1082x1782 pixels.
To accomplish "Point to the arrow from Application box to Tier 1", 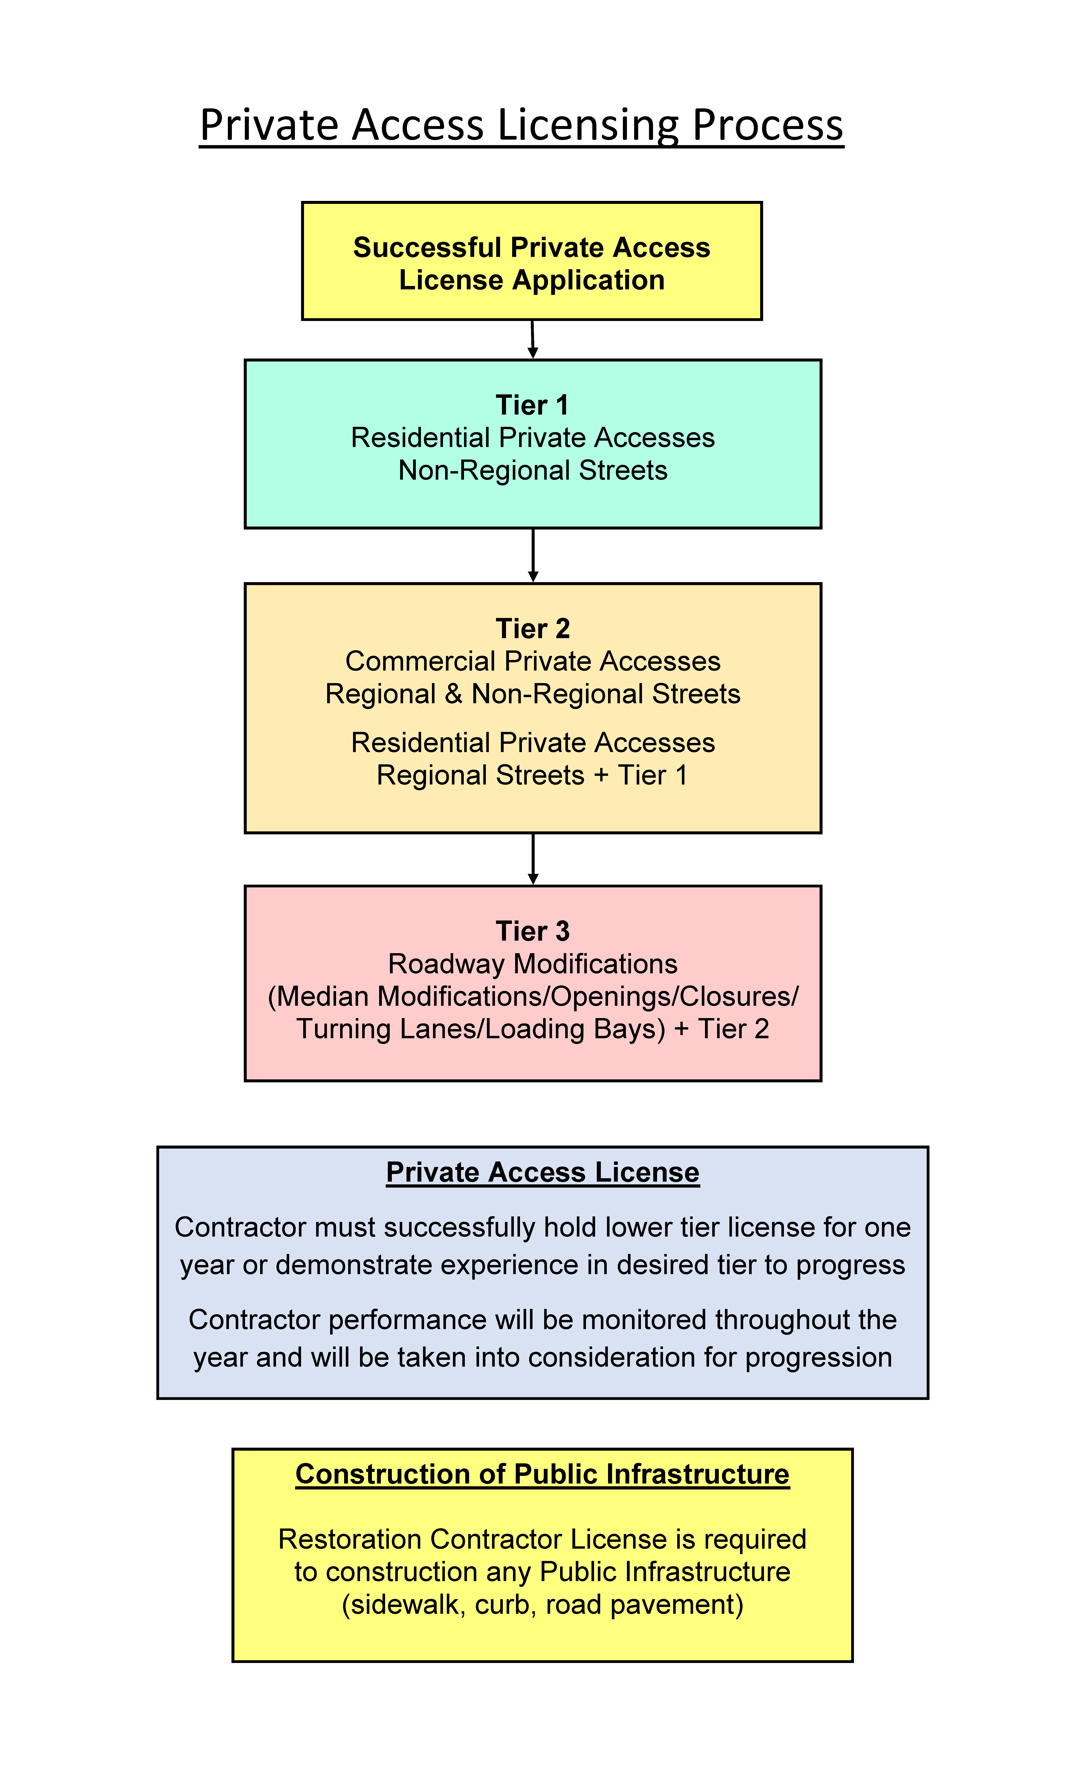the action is pyautogui.click(x=532, y=339).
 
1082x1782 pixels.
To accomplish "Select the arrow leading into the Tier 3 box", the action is pyautogui.click(x=533, y=859).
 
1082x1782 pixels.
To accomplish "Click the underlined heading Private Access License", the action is pyautogui.click(x=542, y=1172).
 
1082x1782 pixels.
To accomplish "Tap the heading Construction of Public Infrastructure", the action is pyautogui.click(x=542, y=1474).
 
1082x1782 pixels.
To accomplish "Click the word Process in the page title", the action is pyautogui.click(x=768, y=126).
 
